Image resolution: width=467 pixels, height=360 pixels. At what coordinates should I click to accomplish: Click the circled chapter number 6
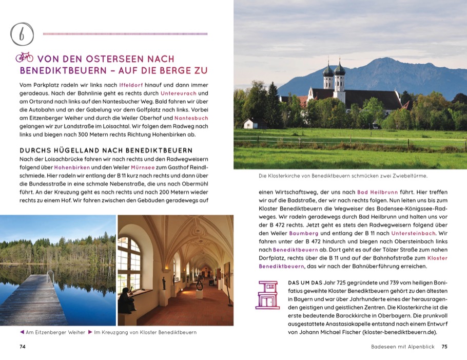(x=22, y=34)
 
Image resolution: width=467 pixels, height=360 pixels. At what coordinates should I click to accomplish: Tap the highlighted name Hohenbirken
(x=72, y=167)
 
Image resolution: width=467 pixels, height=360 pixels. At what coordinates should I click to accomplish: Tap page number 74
(x=23, y=347)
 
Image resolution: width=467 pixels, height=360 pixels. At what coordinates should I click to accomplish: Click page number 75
(x=444, y=347)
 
